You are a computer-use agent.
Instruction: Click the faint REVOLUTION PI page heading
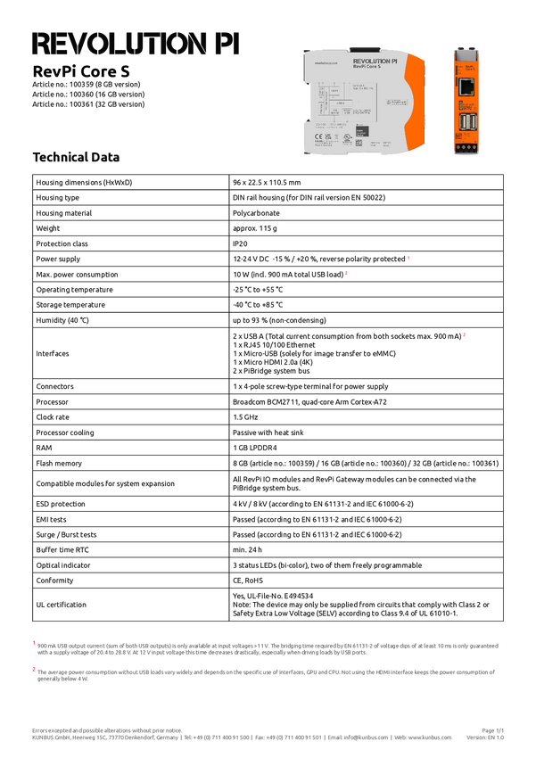pyautogui.click(x=136, y=45)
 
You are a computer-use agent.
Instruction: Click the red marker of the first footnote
pyautogui.click(x=33, y=642)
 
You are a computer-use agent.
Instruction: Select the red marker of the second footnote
pyautogui.click(x=33, y=668)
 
